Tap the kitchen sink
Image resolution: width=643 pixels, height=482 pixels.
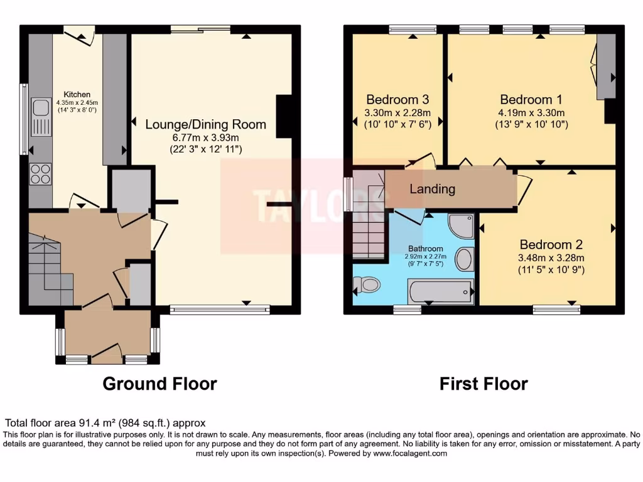[x=41, y=117]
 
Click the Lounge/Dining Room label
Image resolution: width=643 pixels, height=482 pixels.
[x=205, y=124]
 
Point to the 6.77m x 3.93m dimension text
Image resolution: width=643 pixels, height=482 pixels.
[x=205, y=137]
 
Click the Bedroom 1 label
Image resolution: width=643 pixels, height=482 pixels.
[x=531, y=99]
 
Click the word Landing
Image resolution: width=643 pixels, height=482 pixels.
[x=432, y=189]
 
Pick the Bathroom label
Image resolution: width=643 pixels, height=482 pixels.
[x=425, y=249]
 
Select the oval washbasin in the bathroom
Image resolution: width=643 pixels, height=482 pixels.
[x=464, y=259]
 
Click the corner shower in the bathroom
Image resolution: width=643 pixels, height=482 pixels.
[x=462, y=225]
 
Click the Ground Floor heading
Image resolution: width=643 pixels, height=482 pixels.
[x=159, y=383]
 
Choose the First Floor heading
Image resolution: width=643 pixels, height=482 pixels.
[x=484, y=383]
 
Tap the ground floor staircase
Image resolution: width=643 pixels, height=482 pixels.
[x=50, y=267]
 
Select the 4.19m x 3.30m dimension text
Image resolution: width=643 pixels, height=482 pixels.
[x=531, y=113]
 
